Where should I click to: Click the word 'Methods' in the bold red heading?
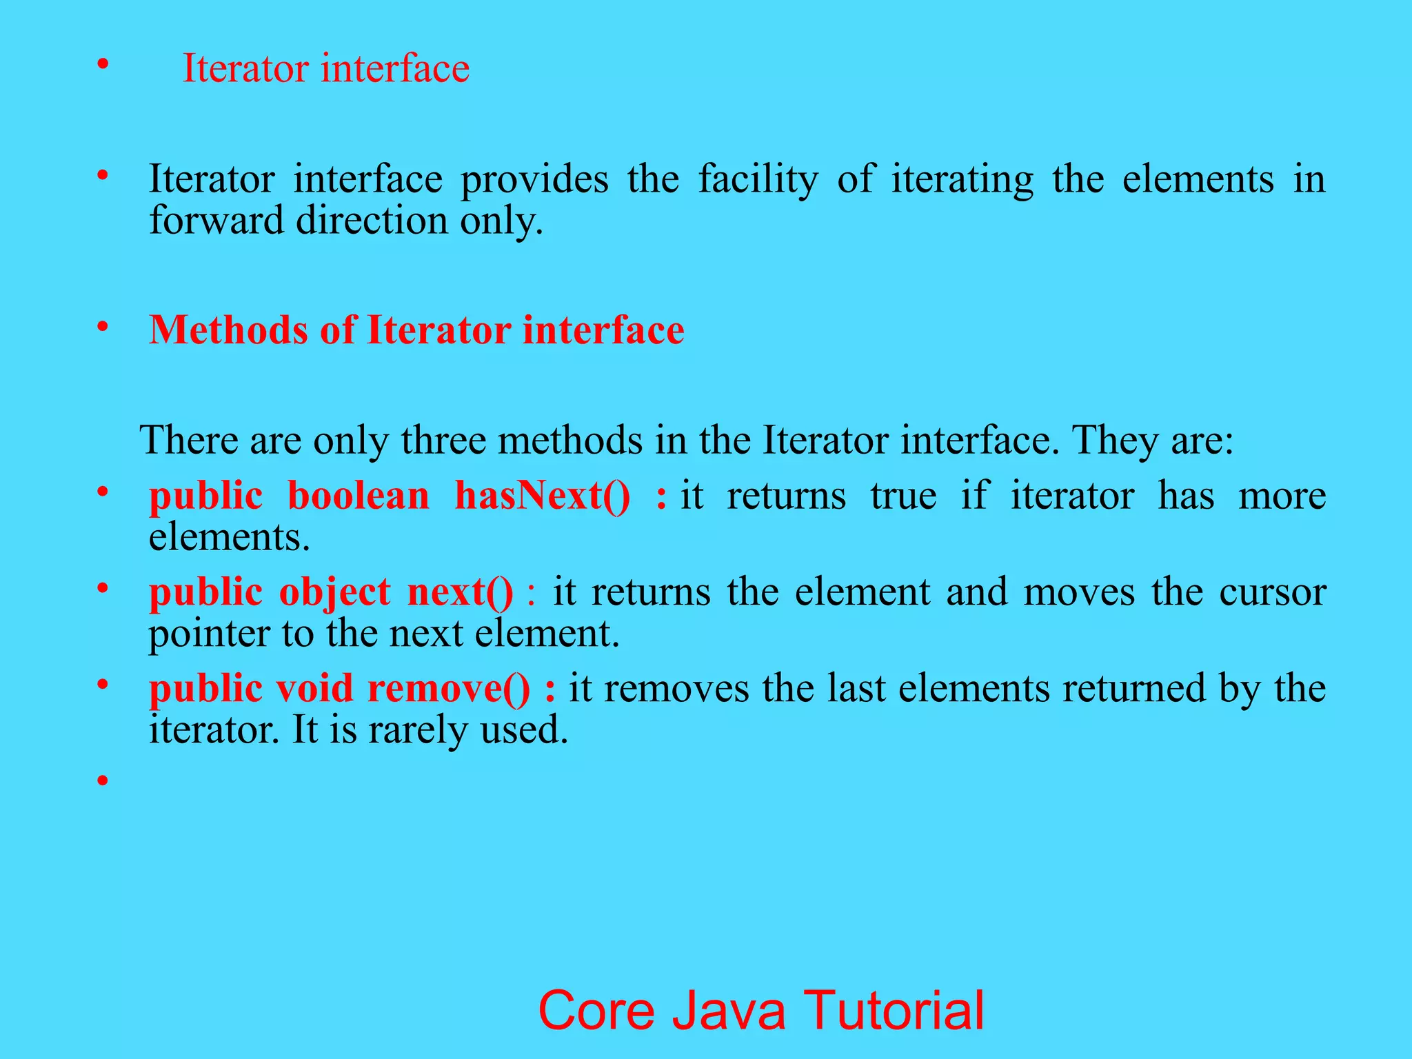click(x=228, y=330)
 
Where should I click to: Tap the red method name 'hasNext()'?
click(x=542, y=496)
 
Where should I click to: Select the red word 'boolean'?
click(x=359, y=496)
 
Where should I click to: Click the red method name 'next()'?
click(x=460, y=592)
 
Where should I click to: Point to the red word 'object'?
click(x=334, y=592)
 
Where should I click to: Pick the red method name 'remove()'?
click(x=449, y=689)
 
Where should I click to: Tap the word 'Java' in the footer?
click(x=729, y=1010)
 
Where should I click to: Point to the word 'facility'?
click(x=758, y=179)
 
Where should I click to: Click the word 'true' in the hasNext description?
click(x=903, y=496)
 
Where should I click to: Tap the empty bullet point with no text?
click(x=103, y=781)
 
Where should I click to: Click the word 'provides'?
click(x=534, y=179)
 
